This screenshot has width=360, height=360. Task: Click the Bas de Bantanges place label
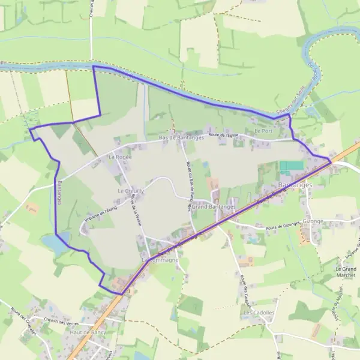[181, 137]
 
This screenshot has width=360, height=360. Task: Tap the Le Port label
[263, 130]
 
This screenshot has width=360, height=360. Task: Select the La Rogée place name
[119, 156]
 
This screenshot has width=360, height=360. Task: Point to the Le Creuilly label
[130, 191]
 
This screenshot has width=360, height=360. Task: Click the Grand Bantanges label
[213, 206]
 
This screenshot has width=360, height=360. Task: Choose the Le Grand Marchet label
[346, 272]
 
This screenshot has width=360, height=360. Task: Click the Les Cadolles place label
[259, 313]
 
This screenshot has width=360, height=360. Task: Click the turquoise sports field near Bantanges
[292, 165]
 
